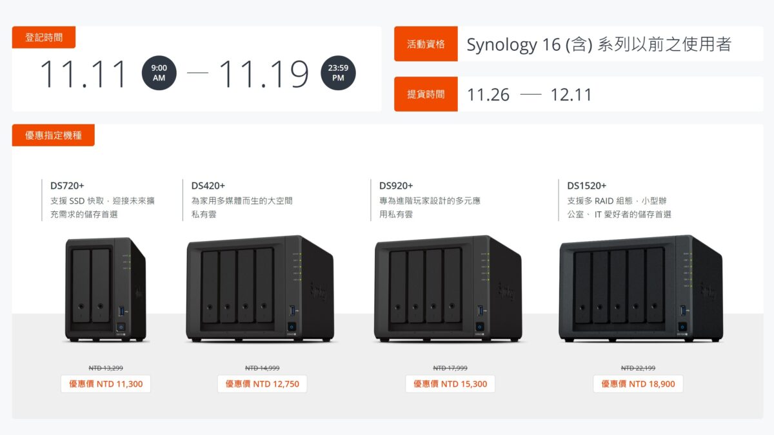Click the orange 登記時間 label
(x=44, y=37)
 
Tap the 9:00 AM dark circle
(x=159, y=73)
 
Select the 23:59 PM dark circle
(x=338, y=73)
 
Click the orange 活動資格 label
(x=426, y=44)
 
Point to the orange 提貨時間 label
(x=426, y=94)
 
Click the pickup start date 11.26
(x=488, y=95)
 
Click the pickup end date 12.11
(x=571, y=95)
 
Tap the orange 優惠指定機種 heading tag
(x=53, y=135)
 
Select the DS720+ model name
(x=67, y=186)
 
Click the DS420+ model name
(x=208, y=186)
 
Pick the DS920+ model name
(x=396, y=186)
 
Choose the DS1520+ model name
(x=587, y=186)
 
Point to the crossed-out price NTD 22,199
(x=638, y=368)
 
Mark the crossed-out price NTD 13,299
(x=106, y=368)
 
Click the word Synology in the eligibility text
(x=502, y=45)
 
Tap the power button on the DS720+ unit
(x=121, y=327)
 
